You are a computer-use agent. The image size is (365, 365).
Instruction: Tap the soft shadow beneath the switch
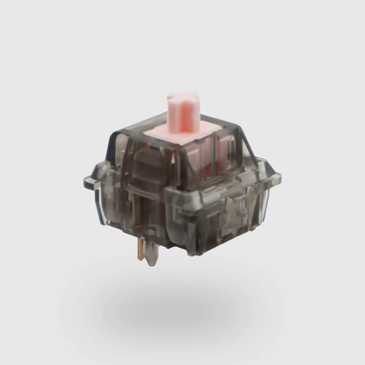point(182,308)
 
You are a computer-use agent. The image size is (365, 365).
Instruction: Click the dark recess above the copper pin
point(140,215)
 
